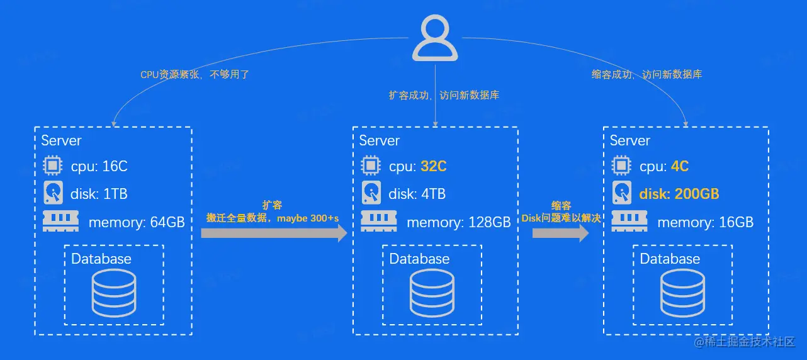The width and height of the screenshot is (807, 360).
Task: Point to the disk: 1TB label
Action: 99,194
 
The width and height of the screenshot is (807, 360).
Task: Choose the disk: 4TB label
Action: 417,194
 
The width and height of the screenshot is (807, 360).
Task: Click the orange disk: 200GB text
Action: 679,194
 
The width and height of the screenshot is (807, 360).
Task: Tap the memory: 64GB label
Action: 136,222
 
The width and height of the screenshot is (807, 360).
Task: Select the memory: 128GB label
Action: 458,222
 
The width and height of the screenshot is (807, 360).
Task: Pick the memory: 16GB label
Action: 705,222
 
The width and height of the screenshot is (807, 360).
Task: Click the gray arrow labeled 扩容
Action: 274,233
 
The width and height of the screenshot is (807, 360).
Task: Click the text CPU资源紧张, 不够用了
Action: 195,74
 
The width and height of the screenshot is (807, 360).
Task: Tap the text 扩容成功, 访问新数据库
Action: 444,96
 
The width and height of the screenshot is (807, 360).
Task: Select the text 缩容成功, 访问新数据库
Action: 646,74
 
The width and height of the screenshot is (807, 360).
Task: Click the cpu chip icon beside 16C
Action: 52,166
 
